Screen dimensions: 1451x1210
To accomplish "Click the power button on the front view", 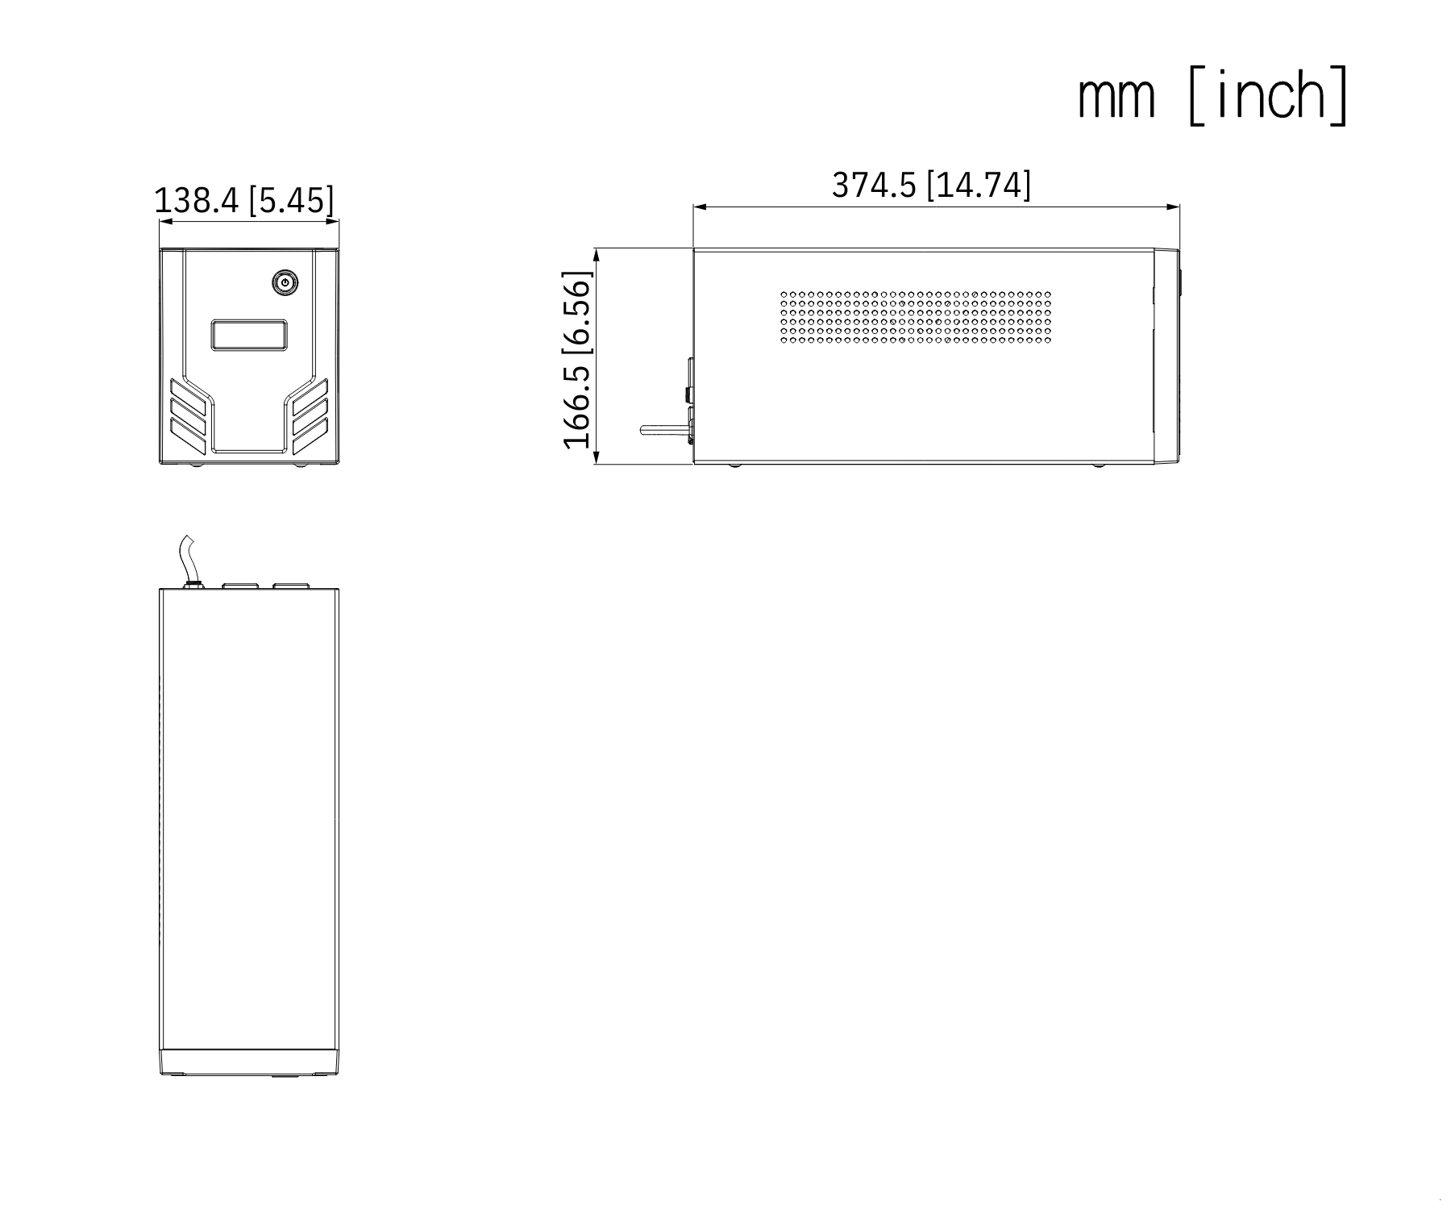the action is tap(285, 282).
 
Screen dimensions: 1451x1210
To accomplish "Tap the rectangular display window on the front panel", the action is tap(250, 335).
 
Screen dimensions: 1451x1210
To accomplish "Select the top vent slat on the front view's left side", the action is tap(188, 393).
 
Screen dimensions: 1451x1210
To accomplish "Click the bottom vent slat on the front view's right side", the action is tap(310, 436).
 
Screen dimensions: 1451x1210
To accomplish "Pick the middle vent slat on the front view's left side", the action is tap(188, 413).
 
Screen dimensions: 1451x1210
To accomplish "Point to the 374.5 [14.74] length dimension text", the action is tap(931, 185).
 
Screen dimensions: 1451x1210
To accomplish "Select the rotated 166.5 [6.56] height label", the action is tap(578, 359).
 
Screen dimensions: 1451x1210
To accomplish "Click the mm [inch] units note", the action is tap(1212, 96).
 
